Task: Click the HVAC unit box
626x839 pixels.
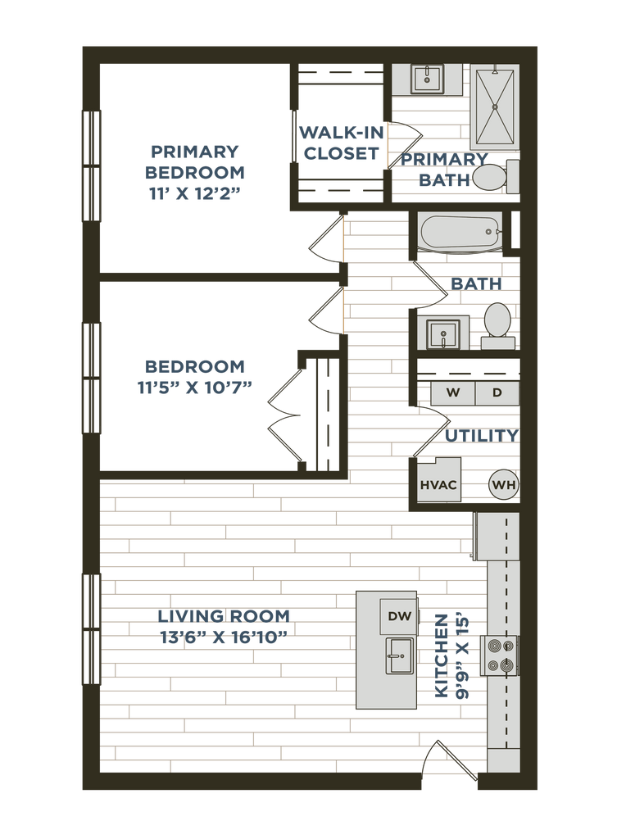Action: click(x=438, y=484)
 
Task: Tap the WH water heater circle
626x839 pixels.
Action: click(x=504, y=485)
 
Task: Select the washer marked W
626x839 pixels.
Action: click(x=452, y=392)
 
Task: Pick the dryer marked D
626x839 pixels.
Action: click(x=497, y=392)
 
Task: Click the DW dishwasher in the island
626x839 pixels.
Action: click(x=399, y=615)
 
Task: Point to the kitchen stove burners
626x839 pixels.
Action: click(x=501, y=655)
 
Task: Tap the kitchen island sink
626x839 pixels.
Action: click(x=399, y=656)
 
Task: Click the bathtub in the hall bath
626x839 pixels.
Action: click(x=459, y=234)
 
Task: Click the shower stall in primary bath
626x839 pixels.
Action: click(x=495, y=107)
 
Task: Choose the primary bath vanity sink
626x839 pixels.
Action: click(x=424, y=79)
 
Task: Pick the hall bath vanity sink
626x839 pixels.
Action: click(x=443, y=334)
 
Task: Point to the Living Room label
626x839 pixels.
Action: click(x=224, y=627)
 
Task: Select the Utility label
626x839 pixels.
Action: click(x=481, y=435)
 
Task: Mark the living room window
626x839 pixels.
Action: click(x=92, y=629)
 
